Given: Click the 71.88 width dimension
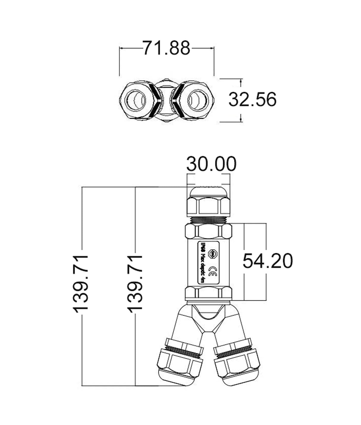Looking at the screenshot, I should tap(166, 48).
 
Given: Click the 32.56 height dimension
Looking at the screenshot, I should tap(252, 99).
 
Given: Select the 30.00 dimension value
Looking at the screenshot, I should tap(211, 164).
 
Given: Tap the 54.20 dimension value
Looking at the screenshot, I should tap(267, 261).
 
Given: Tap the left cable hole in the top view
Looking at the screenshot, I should tap(136, 100).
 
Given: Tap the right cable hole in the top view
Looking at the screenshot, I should tap(197, 100).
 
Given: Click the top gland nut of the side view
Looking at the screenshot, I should tap(208, 206).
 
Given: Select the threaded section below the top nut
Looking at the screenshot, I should tap(208, 220).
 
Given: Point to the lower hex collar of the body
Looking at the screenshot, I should tap(208, 294).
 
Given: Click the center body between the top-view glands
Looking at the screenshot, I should tap(167, 100).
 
